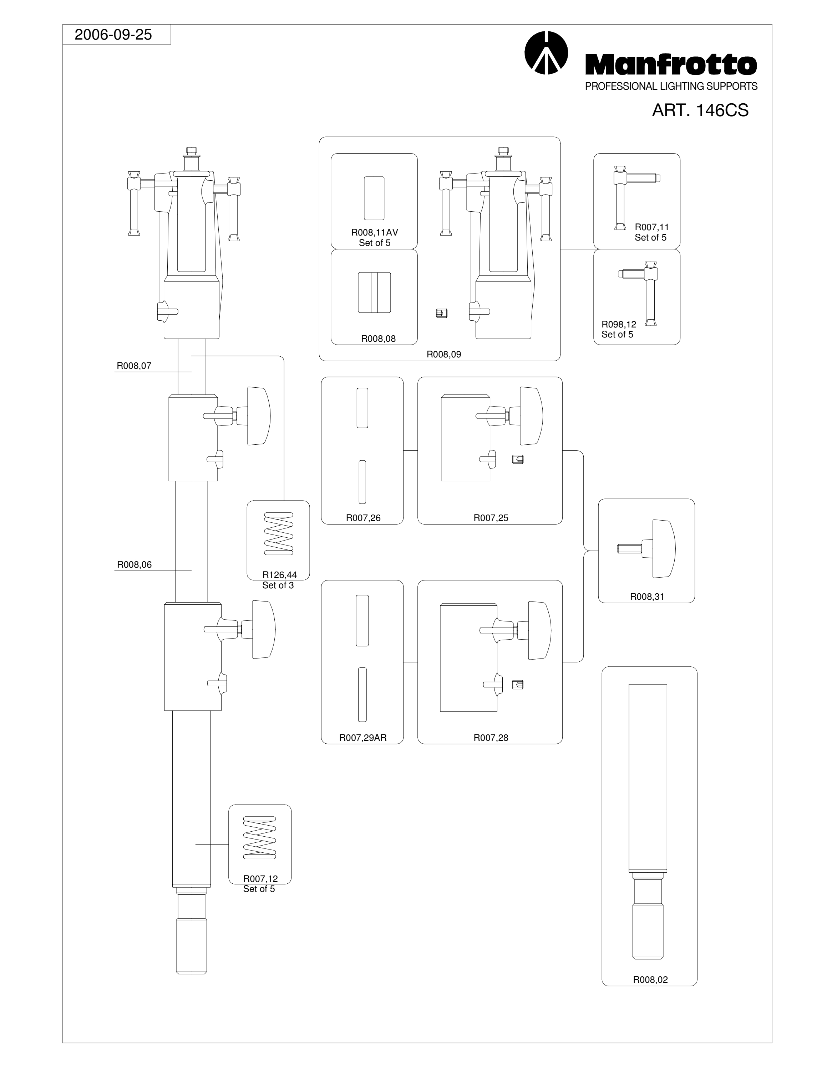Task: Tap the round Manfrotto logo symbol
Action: point(546,53)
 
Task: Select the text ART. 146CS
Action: point(700,110)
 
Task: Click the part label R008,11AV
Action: point(374,232)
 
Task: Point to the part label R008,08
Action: point(378,339)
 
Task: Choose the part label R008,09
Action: point(444,355)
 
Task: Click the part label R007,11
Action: point(651,227)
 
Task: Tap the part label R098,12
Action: point(619,324)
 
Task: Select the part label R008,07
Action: point(134,366)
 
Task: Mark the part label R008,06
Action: point(134,564)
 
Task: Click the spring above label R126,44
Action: point(278,533)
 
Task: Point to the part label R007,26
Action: point(363,518)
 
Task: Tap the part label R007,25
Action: point(491,518)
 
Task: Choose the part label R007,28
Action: point(491,738)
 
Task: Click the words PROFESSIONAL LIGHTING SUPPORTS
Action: point(671,86)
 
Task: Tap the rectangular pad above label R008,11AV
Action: point(374,198)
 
